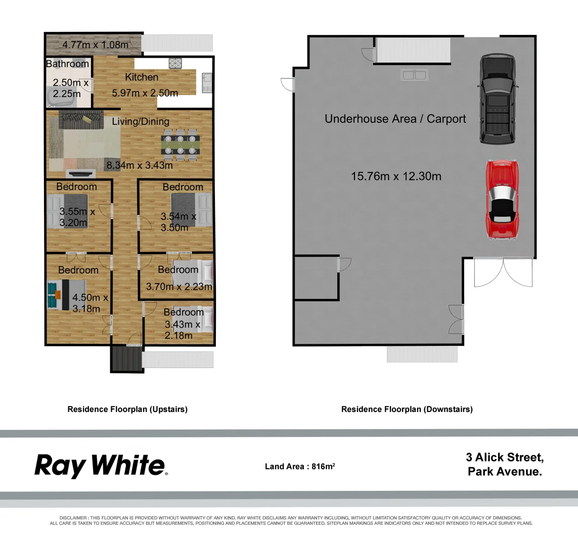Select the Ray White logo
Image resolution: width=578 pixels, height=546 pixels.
pyautogui.click(x=101, y=466)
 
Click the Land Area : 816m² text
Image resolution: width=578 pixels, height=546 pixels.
pyautogui.click(x=300, y=467)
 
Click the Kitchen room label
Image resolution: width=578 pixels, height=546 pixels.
pyautogui.click(x=142, y=77)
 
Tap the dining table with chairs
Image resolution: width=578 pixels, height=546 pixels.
pyautogui.click(x=181, y=144)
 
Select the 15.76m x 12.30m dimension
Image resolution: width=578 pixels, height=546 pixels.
pyautogui.click(x=396, y=176)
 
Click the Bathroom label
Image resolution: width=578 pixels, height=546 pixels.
pyautogui.click(x=67, y=64)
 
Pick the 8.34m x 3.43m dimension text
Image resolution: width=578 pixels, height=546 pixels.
pyautogui.click(x=139, y=165)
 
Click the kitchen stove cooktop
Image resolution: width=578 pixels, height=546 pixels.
pyautogui.click(x=175, y=63)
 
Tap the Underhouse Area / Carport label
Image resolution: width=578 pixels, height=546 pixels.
pyautogui.click(x=395, y=119)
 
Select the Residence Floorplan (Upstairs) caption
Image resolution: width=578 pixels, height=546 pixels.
pyautogui.click(x=127, y=409)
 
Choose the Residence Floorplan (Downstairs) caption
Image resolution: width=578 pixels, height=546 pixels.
pyautogui.click(x=407, y=409)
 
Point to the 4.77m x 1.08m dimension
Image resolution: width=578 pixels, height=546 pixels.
pyautogui.click(x=95, y=44)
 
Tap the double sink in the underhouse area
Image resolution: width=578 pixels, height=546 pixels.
pyautogui.click(x=414, y=75)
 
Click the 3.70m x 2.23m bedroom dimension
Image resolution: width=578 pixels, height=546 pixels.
pyautogui.click(x=179, y=287)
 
